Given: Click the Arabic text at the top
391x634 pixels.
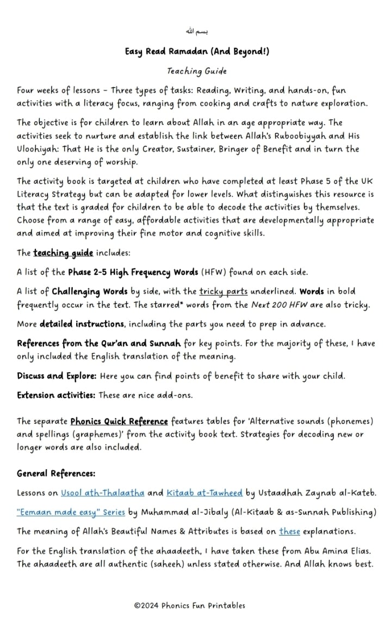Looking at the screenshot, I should [196, 32].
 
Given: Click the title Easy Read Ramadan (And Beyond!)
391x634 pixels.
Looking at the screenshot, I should [197, 52].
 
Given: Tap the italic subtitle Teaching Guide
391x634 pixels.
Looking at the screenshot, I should [197, 71].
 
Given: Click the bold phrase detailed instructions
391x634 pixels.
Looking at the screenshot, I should [82, 324].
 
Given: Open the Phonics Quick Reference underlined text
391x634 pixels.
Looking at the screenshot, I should [119, 422].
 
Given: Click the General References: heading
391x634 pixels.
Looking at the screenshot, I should [56, 473].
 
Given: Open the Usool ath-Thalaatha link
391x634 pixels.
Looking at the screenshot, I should [103, 494].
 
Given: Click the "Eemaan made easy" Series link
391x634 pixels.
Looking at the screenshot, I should [71, 513].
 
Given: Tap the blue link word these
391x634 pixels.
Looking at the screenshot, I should [289, 532].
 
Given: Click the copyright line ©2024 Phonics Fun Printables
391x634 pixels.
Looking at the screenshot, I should [190, 605].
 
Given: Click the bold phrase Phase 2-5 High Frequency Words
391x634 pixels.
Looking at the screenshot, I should [133, 272].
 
